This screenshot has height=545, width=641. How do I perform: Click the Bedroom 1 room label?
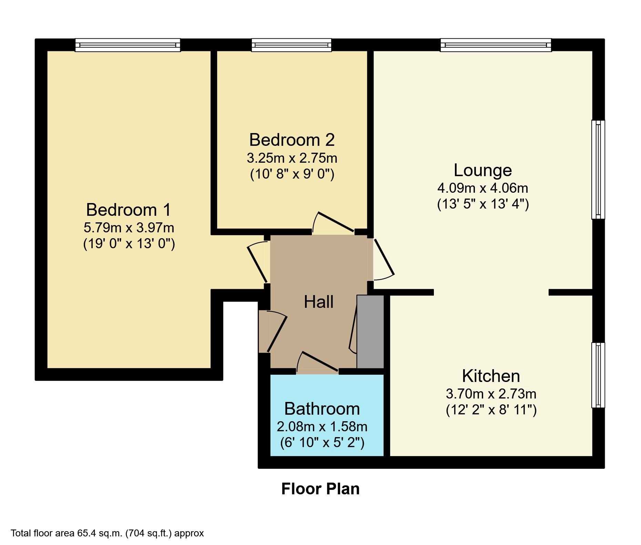coord(129,210)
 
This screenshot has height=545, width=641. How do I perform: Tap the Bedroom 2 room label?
coord(292,140)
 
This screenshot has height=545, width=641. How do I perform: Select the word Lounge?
coord(483,170)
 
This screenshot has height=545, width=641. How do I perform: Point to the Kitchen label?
coord(491,376)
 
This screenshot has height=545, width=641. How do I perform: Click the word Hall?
coord(319,302)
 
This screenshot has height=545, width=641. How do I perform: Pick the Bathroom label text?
coord(322,409)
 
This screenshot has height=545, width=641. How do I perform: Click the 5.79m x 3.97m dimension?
coord(129,228)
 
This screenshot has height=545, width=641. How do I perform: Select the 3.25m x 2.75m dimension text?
coord(292,158)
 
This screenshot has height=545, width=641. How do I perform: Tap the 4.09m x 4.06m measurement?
coord(483,188)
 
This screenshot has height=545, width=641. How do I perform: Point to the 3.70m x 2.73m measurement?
coord(491,393)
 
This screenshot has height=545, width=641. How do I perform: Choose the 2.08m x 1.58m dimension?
coord(322,427)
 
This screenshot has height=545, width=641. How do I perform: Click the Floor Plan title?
coord(320,489)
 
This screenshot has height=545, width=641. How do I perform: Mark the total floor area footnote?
coord(108,533)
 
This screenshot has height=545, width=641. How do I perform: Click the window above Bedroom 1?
coord(128,45)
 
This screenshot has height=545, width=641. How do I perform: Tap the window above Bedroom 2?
coord(292,45)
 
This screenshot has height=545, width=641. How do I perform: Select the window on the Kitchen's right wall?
coord(598,375)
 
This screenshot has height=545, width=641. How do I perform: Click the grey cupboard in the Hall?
coord(370,332)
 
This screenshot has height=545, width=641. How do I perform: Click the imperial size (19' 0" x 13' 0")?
coord(129,244)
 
